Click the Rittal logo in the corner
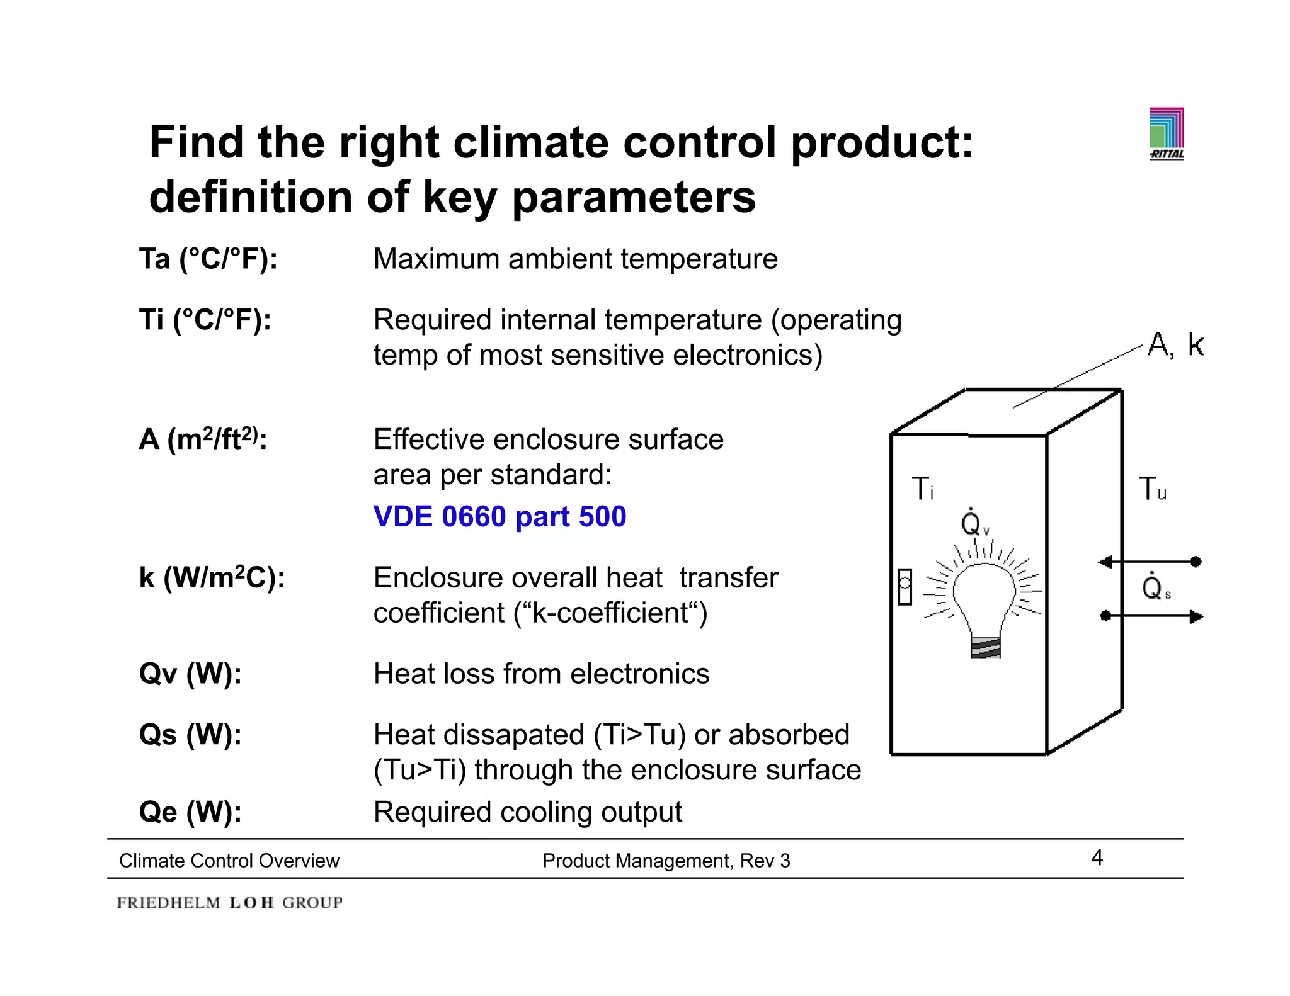(1167, 133)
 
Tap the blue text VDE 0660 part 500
(499, 517)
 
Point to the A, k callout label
(1175, 345)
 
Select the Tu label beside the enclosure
(1152, 489)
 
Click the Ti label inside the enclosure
(922, 489)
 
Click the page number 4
(1097, 857)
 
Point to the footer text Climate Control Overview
(229, 861)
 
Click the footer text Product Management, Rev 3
(666, 861)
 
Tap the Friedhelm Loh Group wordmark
(230, 903)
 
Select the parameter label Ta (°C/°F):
(208, 259)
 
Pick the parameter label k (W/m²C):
(212, 578)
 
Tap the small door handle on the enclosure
(905, 587)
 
